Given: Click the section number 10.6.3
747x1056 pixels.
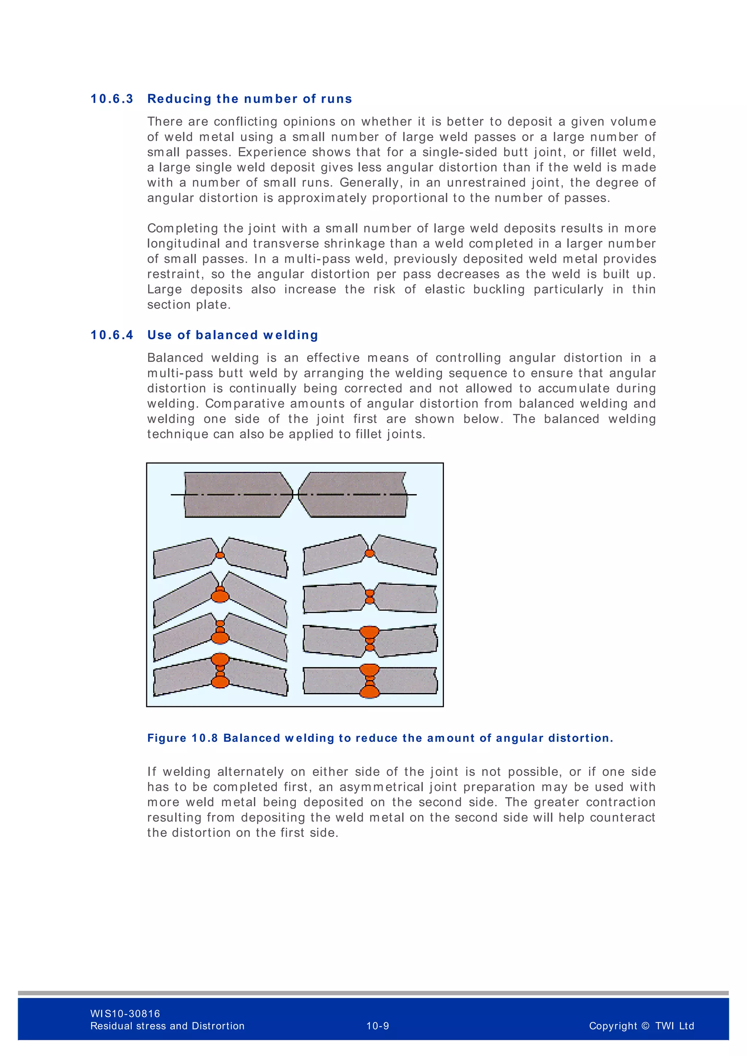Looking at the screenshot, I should click(112, 99).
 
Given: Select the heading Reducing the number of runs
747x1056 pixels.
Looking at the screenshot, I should click(250, 99).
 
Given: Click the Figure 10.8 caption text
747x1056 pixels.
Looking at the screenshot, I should click(380, 738).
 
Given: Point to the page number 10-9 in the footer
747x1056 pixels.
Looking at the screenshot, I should click(378, 1026).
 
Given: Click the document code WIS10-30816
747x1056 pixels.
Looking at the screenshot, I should click(125, 1013).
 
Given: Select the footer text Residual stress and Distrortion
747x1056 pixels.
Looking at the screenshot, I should click(167, 1026).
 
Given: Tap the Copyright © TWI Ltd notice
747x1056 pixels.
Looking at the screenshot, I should click(641, 1026).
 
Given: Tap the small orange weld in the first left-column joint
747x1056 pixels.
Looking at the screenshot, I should click(220, 555).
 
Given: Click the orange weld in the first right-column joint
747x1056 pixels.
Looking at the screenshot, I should click(369, 553).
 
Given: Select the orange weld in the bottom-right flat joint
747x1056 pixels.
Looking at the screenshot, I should click(369, 681).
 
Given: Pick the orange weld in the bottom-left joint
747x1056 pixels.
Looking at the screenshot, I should click(220, 671).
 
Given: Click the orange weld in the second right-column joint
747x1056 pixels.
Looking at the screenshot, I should click(369, 597).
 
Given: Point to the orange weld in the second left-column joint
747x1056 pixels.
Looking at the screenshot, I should click(220, 595).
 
